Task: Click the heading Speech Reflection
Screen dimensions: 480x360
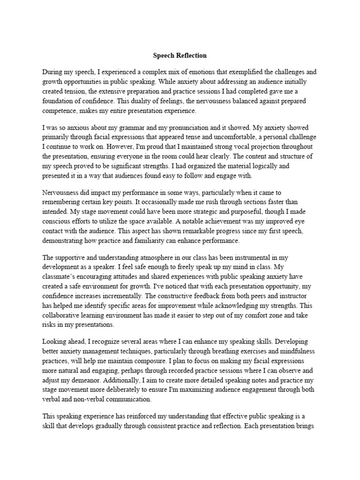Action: (180, 55)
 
